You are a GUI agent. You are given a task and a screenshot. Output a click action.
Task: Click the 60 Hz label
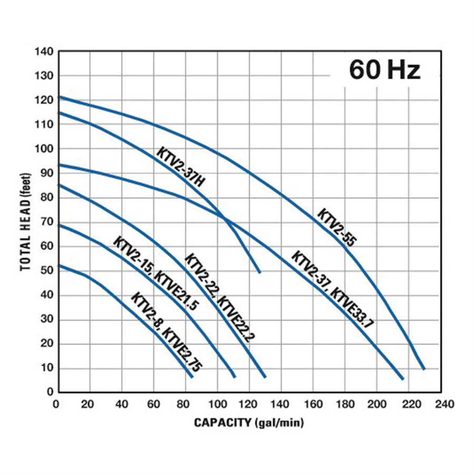coord(385,70)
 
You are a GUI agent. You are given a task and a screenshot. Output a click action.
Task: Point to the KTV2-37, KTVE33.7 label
coord(333,289)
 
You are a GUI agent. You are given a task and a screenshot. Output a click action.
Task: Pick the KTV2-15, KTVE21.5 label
coord(155,273)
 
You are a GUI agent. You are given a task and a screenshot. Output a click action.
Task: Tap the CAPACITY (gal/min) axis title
coord(249,422)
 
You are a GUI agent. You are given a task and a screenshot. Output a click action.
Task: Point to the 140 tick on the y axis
coord(44,52)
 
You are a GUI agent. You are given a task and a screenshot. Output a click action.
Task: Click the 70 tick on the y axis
coord(47,222)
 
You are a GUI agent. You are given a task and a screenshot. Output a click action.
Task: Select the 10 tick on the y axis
coord(47,368)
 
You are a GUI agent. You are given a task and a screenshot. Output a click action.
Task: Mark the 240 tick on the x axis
coord(441,404)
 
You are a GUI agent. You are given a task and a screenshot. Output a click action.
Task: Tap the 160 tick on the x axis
coord(313,404)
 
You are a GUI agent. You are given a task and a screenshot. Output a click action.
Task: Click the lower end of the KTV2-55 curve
coord(423,369)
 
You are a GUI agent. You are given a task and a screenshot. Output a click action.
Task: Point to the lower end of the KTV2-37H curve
coord(260,272)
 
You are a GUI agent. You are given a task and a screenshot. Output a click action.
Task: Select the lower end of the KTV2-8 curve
coord(192,377)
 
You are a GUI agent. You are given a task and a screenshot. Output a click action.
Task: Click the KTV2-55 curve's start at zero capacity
coord(59,97)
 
